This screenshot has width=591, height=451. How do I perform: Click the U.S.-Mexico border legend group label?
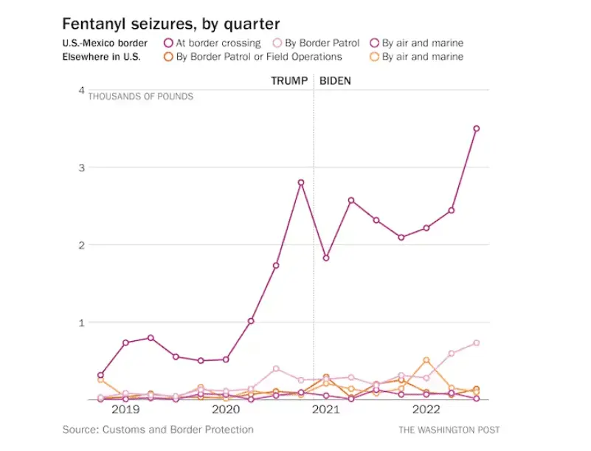pyautogui.click(x=105, y=43)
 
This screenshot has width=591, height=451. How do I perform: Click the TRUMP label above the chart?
pyautogui.click(x=289, y=80)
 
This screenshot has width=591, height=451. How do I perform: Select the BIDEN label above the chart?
pyautogui.click(x=335, y=80)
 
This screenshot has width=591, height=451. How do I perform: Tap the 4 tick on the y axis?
pyautogui.click(x=81, y=90)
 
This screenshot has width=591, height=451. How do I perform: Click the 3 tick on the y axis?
pyautogui.click(x=81, y=168)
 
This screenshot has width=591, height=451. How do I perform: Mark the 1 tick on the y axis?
pyautogui.click(x=81, y=323)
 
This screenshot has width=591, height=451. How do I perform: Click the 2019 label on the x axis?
pyautogui.click(x=125, y=409)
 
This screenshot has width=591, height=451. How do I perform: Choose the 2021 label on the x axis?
pyautogui.click(x=325, y=409)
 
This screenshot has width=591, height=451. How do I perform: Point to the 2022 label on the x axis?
pyautogui.click(x=426, y=409)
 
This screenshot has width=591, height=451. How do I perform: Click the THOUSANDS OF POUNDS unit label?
pyautogui.click(x=141, y=97)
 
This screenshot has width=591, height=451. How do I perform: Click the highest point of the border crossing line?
pyautogui.click(x=477, y=128)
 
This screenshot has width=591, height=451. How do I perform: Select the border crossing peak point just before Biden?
pyautogui.click(x=301, y=182)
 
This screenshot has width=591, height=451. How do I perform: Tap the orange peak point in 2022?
pyautogui.click(x=426, y=360)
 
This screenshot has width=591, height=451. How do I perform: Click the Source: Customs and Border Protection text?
pyautogui.click(x=158, y=430)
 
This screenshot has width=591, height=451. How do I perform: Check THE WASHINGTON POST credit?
pyautogui.click(x=449, y=430)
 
